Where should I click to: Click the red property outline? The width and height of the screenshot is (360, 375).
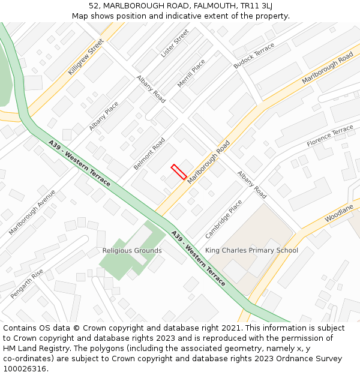coord(179,172)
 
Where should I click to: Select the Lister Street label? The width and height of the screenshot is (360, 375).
coord(175,43)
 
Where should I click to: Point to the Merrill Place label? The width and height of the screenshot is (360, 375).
coord(191,73)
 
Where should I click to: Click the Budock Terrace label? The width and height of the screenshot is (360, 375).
coord(254,55)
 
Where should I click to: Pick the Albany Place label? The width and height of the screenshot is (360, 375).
coord(104,116)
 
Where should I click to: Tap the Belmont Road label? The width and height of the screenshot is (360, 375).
coord(149,154)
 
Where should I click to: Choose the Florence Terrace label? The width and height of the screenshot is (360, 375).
coord(330,136)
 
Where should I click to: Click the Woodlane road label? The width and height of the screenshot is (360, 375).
coord(340,215)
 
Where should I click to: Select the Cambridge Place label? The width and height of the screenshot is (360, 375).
coord(224,219)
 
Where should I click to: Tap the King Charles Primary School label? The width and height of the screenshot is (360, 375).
coord(251,250)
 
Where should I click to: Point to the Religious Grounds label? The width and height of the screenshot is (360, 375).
coord(132,250)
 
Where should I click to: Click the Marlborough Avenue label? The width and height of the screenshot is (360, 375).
coord(32,212)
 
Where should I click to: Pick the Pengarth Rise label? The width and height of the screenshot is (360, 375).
coord(27,284)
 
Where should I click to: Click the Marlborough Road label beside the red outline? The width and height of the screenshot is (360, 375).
coord(208,163)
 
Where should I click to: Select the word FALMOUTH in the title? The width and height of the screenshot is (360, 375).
coord(170,5)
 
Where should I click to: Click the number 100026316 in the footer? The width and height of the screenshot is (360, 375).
coord(25,368)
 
